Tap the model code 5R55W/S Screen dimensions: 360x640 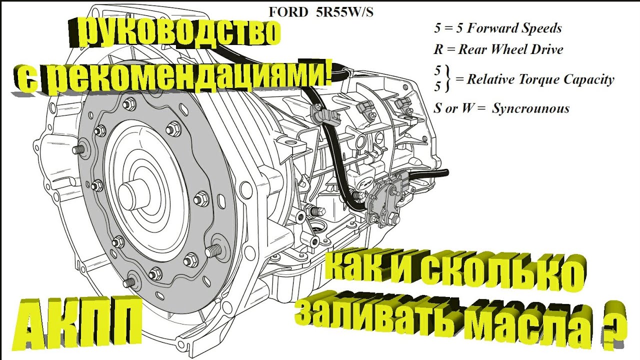(344, 12)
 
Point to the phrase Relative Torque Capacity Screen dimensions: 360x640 (540, 79)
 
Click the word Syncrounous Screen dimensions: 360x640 (530, 108)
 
